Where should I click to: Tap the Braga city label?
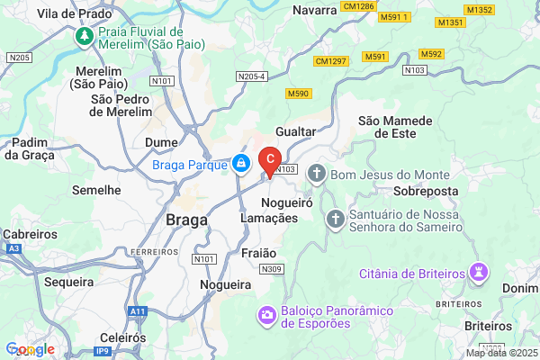(x=187, y=220)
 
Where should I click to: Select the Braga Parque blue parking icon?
(x=240, y=164)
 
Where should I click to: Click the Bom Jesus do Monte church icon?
(x=316, y=173)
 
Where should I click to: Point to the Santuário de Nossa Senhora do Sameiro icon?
(x=334, y=219)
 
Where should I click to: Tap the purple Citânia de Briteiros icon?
(x=480, y=272)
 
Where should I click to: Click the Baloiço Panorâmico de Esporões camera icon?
(x=267, y=315)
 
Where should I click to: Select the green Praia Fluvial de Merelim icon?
(x=84, y=36)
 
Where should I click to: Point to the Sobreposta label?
(x=427, y=192)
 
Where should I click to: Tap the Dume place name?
(x=161, y=142)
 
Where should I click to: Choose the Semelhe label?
(x=96, y=190)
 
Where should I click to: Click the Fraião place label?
(x=259, y=254)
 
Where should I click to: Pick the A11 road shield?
(x=137, y=310)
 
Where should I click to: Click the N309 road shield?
(x=271, y=269)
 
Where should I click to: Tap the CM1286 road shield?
(x=357, y=6)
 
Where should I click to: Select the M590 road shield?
(x=297, y=94)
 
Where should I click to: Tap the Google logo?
(x=30, y=349)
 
